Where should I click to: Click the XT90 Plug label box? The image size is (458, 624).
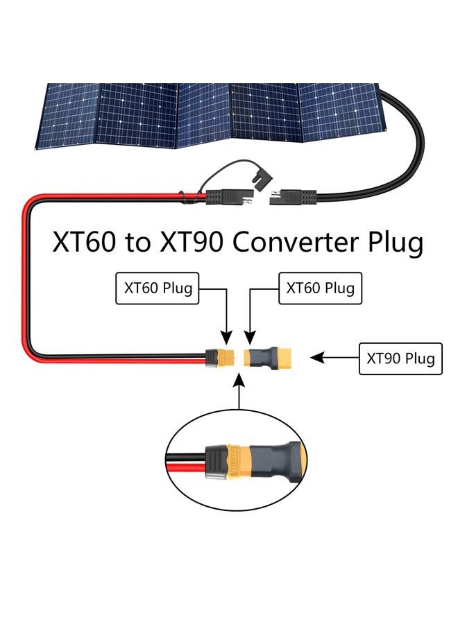click(x=400, y=358)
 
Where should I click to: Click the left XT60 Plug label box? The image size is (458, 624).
click(x=158, y=288)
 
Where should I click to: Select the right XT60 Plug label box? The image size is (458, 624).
click(x=320, y=288)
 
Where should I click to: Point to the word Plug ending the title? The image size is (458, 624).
click(x=395, y=243)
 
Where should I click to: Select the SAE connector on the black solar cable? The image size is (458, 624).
click(x=293, y=198)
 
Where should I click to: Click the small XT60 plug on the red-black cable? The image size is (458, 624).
click(x=221, y=357)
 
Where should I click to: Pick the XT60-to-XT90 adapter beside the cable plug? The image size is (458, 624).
click(x=268, y=357)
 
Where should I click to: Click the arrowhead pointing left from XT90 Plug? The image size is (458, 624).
click(x=316, y=357)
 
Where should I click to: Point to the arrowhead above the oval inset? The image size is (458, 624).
click(x=239, y=380)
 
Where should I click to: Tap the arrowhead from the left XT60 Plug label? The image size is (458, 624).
click(x=226, y=338)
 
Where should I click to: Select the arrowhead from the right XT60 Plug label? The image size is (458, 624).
click(x=250, y=338)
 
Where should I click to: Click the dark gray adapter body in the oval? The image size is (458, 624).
click(x=275, y=462)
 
